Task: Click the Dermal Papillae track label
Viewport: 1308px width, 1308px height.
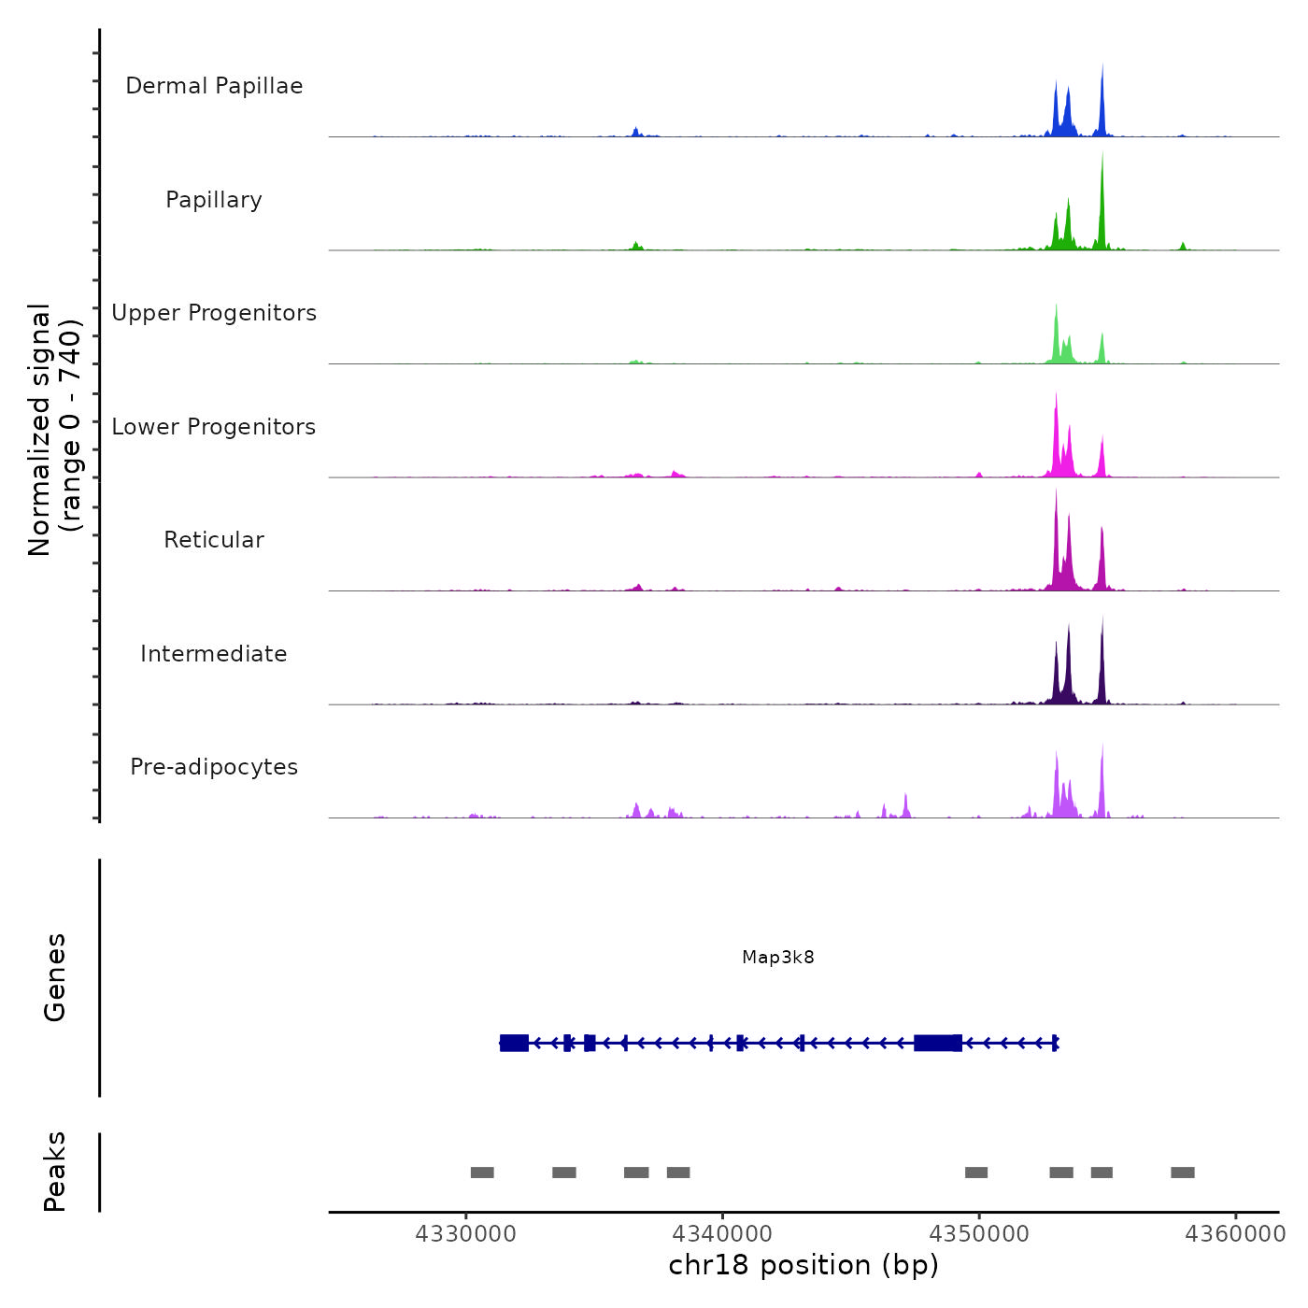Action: pos(214,86)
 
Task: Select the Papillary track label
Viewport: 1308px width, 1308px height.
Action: pos(214,200)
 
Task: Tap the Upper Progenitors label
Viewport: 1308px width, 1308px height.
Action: pos(214,313)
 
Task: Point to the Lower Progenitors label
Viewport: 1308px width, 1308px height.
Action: pos(214,427)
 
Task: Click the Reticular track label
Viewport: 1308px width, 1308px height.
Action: pos(214,540)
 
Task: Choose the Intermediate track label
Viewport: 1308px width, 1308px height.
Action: pos(214,654)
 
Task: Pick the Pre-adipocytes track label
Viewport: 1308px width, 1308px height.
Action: pos(214,767)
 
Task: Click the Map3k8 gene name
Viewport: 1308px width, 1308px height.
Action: pos(778,957)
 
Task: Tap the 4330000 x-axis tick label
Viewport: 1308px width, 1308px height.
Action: pos(465,1234)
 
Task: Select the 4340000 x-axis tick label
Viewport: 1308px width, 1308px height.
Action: pos(722,1234)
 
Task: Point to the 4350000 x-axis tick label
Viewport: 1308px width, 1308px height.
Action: pos(979,1234)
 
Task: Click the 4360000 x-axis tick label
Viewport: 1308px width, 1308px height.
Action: pos(1235,1234)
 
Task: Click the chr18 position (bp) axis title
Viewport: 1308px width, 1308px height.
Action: pos(803,1265)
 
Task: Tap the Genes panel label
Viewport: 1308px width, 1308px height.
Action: pos(55,977)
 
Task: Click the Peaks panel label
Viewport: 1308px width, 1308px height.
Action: pos(55,1172)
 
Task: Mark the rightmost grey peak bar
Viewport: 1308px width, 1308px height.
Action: pos(1183,1173)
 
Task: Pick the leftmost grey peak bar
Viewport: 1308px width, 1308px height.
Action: pos(482,1173)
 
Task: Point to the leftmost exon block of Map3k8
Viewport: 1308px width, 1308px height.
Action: pos(514,1043)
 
